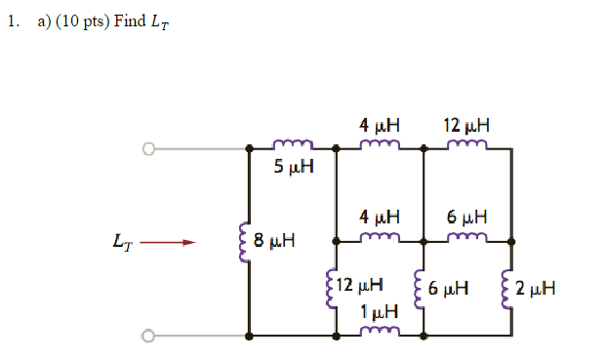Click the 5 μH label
coord(294,167)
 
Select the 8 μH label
coord(274,240)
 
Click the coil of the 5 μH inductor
coord(294,147)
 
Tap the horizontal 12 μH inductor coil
coord(466,146)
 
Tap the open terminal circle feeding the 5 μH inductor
coord(148,149)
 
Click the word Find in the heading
coord(129,21)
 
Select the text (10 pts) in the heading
coord(82,21)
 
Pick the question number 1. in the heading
coord(12,21)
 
